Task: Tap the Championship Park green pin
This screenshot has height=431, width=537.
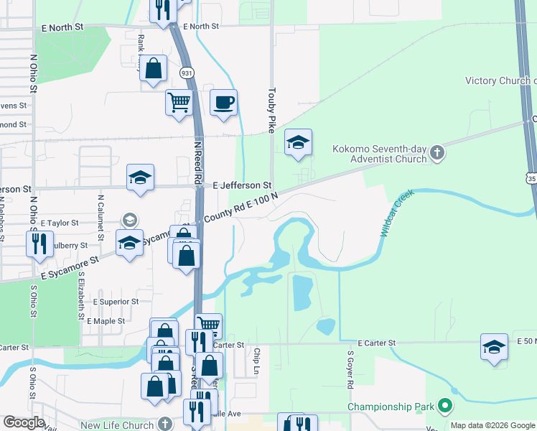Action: (x=444, y=407)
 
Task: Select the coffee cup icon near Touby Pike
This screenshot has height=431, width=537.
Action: (x=223, y=102)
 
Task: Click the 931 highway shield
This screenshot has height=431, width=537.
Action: (x=187, y=73)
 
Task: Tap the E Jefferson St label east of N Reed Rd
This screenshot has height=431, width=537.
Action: (x=243, y=185)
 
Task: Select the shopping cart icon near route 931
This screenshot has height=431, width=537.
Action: (x=179, y=101)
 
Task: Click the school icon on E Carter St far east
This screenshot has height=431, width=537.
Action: (x=494, y=347)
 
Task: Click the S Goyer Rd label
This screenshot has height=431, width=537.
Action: (x=350, y=370)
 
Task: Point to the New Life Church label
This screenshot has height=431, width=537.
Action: (x=117, y=425)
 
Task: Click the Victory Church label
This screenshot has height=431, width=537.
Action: (x=500, y=80)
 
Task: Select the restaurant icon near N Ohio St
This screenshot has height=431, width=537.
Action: (x=39, y=243)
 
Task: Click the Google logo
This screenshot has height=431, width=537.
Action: (x=24, y=422)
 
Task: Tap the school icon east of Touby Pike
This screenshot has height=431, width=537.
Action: (x=298, y=142)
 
